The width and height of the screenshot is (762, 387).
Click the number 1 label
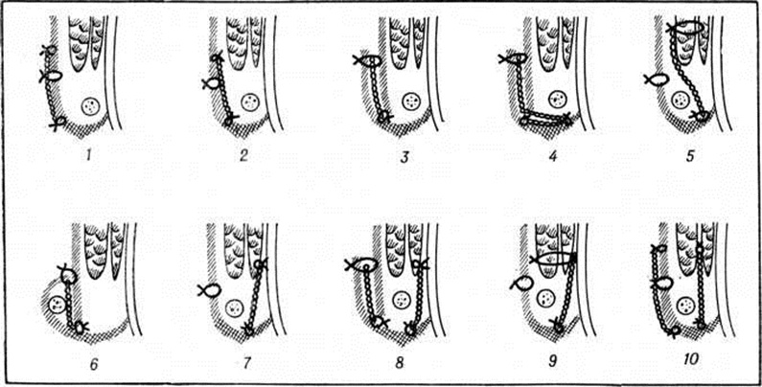click(88, 156)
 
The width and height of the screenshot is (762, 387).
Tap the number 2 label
click(243, 156)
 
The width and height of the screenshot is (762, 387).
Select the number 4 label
click(555, 156)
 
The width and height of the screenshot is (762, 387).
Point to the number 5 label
click(690, 156)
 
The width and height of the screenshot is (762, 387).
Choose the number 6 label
click(93, 363)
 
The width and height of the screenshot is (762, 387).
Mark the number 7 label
click(246, 363)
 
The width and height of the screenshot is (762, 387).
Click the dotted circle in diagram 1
click(90, 106)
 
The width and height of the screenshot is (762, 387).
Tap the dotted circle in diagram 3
click(411, 102)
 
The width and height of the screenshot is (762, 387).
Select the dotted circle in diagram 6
click(57, 305)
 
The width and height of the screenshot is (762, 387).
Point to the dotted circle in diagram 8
click(401, 300)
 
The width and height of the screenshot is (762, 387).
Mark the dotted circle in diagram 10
click(685, 306)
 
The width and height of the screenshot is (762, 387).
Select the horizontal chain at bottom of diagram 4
click(545, 118)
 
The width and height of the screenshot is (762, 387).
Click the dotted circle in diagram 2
click(250, 102)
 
